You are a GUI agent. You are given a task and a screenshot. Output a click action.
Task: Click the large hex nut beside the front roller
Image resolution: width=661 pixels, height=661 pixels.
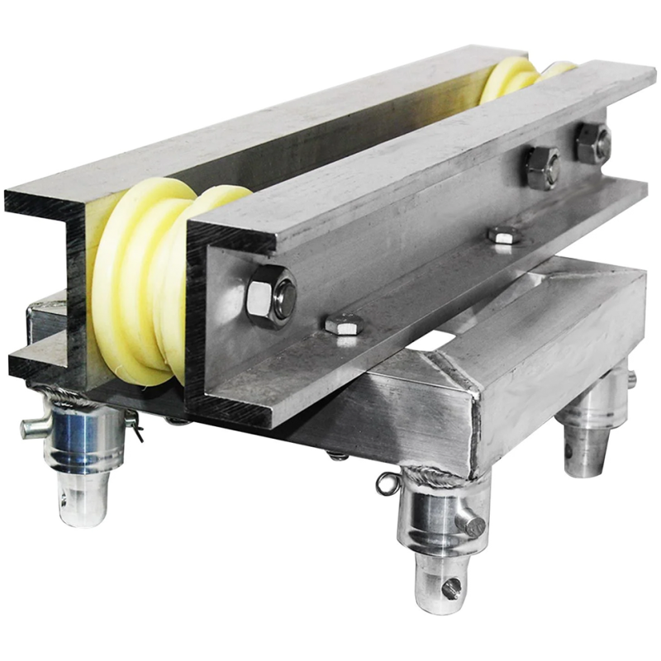tap(271, 295)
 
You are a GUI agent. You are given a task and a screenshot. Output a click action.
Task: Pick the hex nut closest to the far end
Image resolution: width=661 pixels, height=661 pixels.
tap(592, 142)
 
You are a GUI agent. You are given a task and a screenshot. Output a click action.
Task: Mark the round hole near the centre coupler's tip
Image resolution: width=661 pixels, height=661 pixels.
tap(451, 588)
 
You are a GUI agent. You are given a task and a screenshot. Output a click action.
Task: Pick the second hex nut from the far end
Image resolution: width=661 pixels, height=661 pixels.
tap(541, 167)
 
